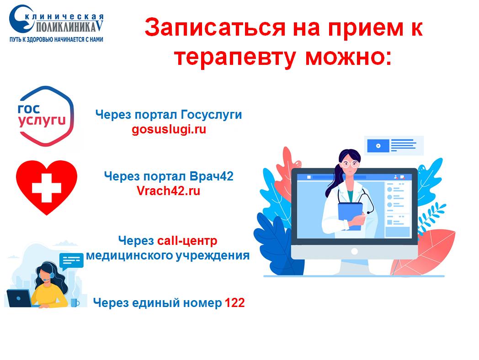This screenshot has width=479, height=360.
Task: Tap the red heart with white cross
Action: tap(47, 187)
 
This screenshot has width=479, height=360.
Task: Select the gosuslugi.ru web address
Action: tap(169, 129)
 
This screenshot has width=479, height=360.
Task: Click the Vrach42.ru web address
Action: tap(168, 191)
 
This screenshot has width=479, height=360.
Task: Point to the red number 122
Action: tap(234, 303)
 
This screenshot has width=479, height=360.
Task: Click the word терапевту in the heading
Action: tap(234, 58)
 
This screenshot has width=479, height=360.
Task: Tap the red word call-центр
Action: tap(187, 241)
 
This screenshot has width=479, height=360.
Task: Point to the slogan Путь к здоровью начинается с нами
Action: tap(57, 39)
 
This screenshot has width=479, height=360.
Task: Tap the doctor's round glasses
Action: tap(349, 164)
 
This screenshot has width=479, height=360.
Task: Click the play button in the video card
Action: tap(378, 146)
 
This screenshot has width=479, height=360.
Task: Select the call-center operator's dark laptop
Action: tap(19, 298)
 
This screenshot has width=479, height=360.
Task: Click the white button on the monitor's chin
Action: tap(354, 252)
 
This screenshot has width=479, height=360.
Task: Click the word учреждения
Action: tap(213, 255)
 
